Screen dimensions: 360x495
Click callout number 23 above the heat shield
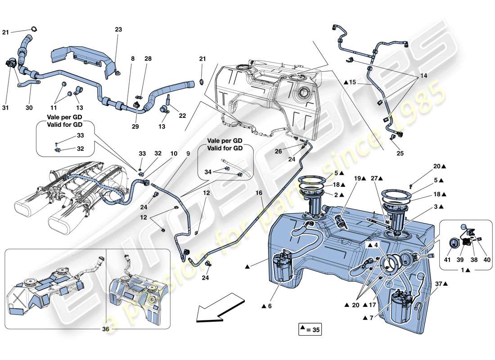[118, 30]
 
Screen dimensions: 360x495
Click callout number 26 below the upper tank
[279, 151]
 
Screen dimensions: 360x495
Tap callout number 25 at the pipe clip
[400, 153]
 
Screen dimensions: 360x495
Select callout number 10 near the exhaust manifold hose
[173, 153]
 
